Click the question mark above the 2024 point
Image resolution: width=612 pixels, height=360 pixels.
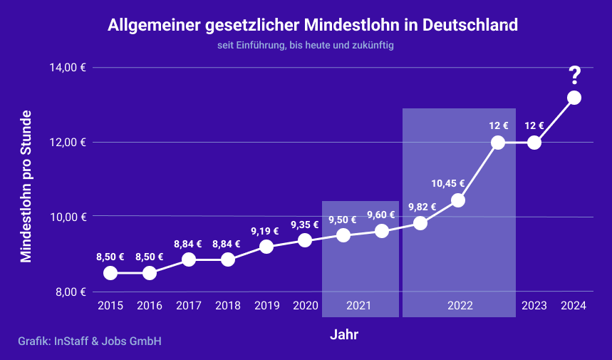[574, 74]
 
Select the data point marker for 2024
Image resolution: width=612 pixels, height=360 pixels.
[574, 98]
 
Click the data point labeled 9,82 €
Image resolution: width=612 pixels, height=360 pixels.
[420, 223]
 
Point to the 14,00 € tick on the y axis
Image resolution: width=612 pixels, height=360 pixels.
[68, 68]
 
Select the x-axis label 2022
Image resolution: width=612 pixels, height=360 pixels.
[460, 306]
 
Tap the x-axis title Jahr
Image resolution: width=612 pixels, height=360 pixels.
[344, 334]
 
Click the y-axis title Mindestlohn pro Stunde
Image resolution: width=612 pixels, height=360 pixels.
[26, 186]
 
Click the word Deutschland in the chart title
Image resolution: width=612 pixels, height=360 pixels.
[470, 25]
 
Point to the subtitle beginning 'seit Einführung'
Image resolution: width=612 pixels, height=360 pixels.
[306, 45]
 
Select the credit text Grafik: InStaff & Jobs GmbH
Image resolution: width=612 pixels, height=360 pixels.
[90, 341]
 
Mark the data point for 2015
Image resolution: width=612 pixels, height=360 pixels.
[110, 273]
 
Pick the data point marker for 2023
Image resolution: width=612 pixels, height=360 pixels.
[534, 142]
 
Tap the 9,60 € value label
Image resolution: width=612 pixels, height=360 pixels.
[380, 215]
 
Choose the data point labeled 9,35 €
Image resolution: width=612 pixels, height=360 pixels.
[305, 240]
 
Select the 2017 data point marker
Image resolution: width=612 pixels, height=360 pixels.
[189, 259]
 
